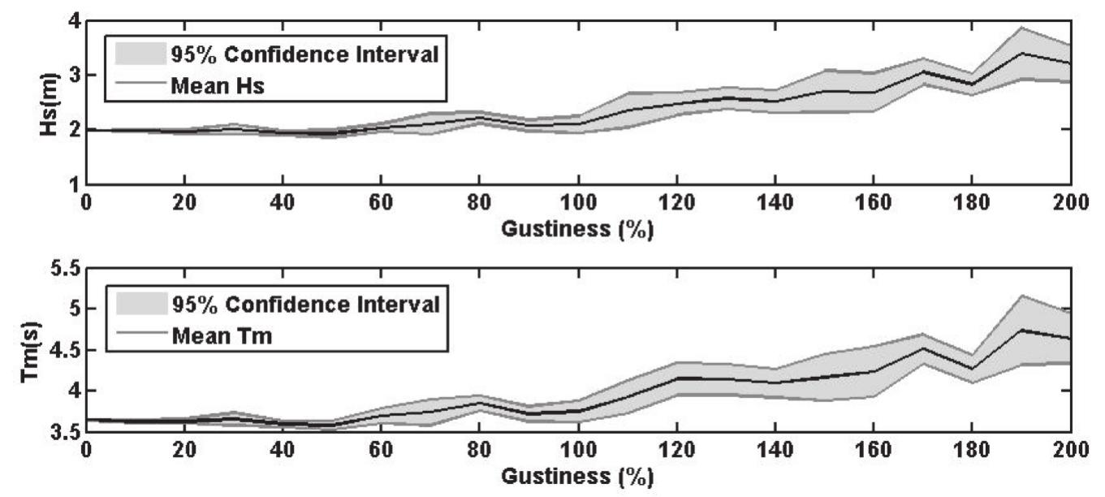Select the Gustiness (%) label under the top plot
(x=577, y=230)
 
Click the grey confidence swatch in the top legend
(x=141, y=54)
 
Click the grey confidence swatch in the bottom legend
(x=141, y=305)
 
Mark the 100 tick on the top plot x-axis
(x=577, y=201)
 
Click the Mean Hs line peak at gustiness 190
(x=1021, y=53)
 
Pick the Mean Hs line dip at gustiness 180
(x=972, y=84)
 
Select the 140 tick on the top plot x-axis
(x=775, y=201)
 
